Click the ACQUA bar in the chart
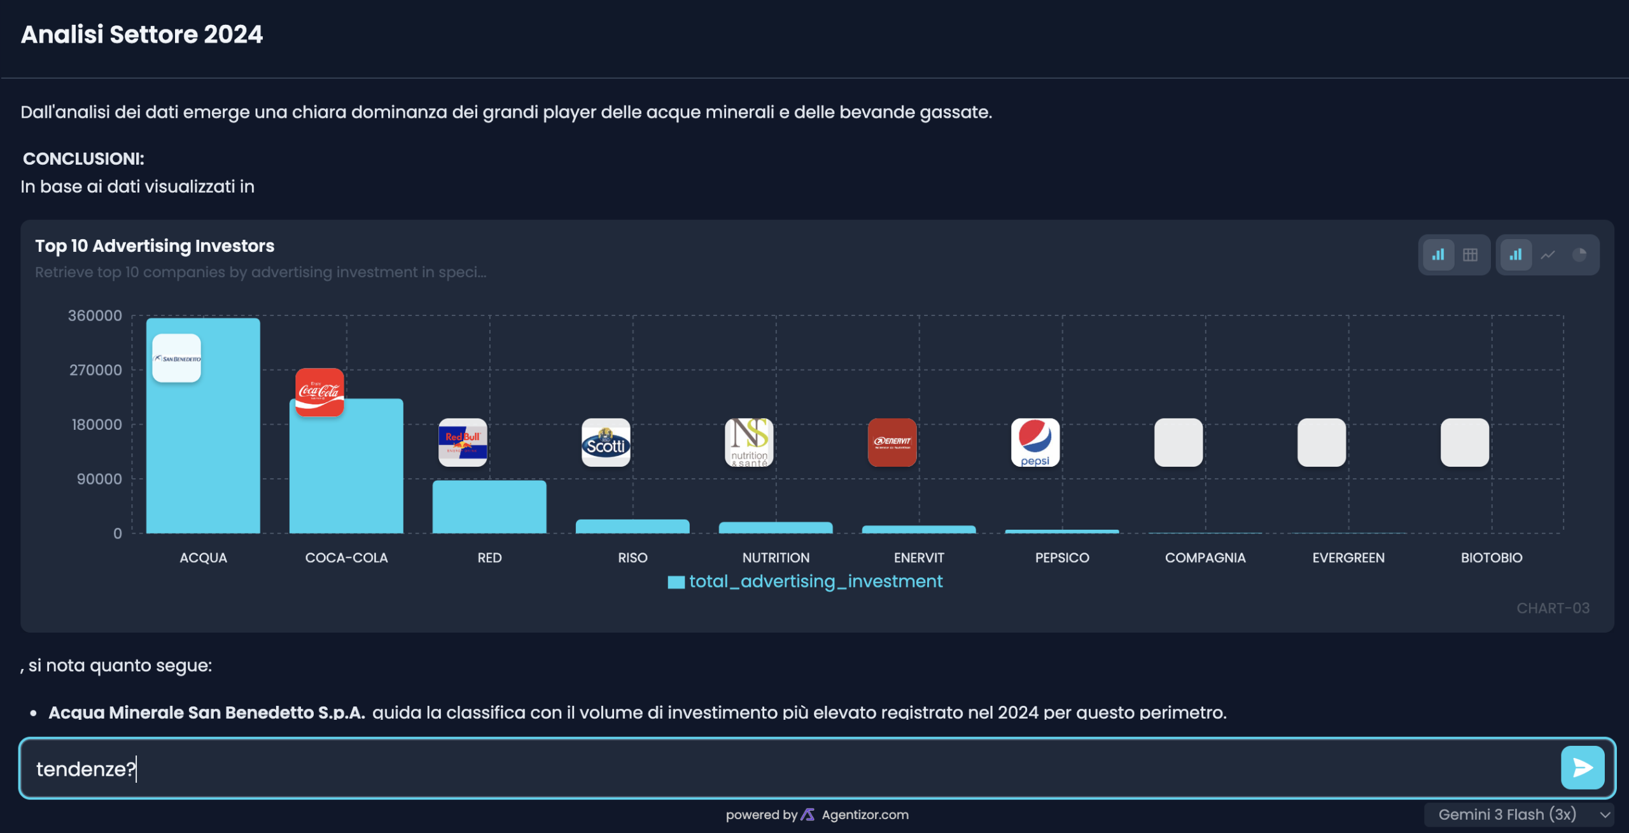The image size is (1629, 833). [x=203, y=445]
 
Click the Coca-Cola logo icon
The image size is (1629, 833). [x=319, y=392]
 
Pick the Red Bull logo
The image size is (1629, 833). [x=463, y=443]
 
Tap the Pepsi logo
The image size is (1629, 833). [x=1035, y=443]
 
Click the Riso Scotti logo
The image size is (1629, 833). [x=606, y=443]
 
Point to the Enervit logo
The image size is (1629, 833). [x=892, y=443]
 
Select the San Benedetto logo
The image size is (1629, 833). [x=177, y=358]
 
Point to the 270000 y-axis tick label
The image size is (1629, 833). [x=95, y=370]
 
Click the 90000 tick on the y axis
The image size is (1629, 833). [x=99, y=479]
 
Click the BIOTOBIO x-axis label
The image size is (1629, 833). [x=1491, y=558]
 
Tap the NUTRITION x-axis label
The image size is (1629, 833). [x=776, y=558]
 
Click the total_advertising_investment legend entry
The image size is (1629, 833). [x=806, y=581]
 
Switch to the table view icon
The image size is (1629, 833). [x=1470, y=255]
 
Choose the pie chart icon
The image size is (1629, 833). [x=1579, y=255]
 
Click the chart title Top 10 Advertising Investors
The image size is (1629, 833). [x=155, y=246]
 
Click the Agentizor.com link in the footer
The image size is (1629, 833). [x=865, y=815]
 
